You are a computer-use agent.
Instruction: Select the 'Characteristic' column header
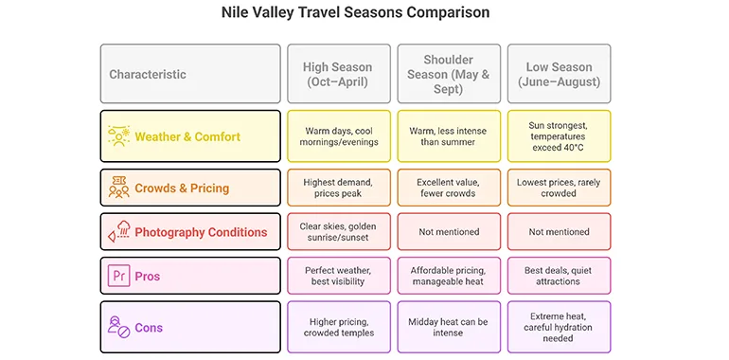190,74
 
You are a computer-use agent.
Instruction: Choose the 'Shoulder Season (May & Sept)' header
449,74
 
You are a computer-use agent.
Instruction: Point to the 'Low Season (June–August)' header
559,74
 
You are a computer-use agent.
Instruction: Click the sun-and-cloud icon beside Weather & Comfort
118,136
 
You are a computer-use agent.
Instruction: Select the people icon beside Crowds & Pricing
118,188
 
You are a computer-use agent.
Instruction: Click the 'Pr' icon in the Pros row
119,276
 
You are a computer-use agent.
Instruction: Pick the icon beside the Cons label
119,327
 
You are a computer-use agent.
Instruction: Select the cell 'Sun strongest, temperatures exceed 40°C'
559,136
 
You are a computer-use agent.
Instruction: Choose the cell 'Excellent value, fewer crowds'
449,188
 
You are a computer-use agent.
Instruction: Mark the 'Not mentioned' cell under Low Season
559,231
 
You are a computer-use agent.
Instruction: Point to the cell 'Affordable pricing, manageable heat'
449,276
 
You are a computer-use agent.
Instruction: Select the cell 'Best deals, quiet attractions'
559,276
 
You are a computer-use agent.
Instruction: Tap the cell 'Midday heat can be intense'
449,327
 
